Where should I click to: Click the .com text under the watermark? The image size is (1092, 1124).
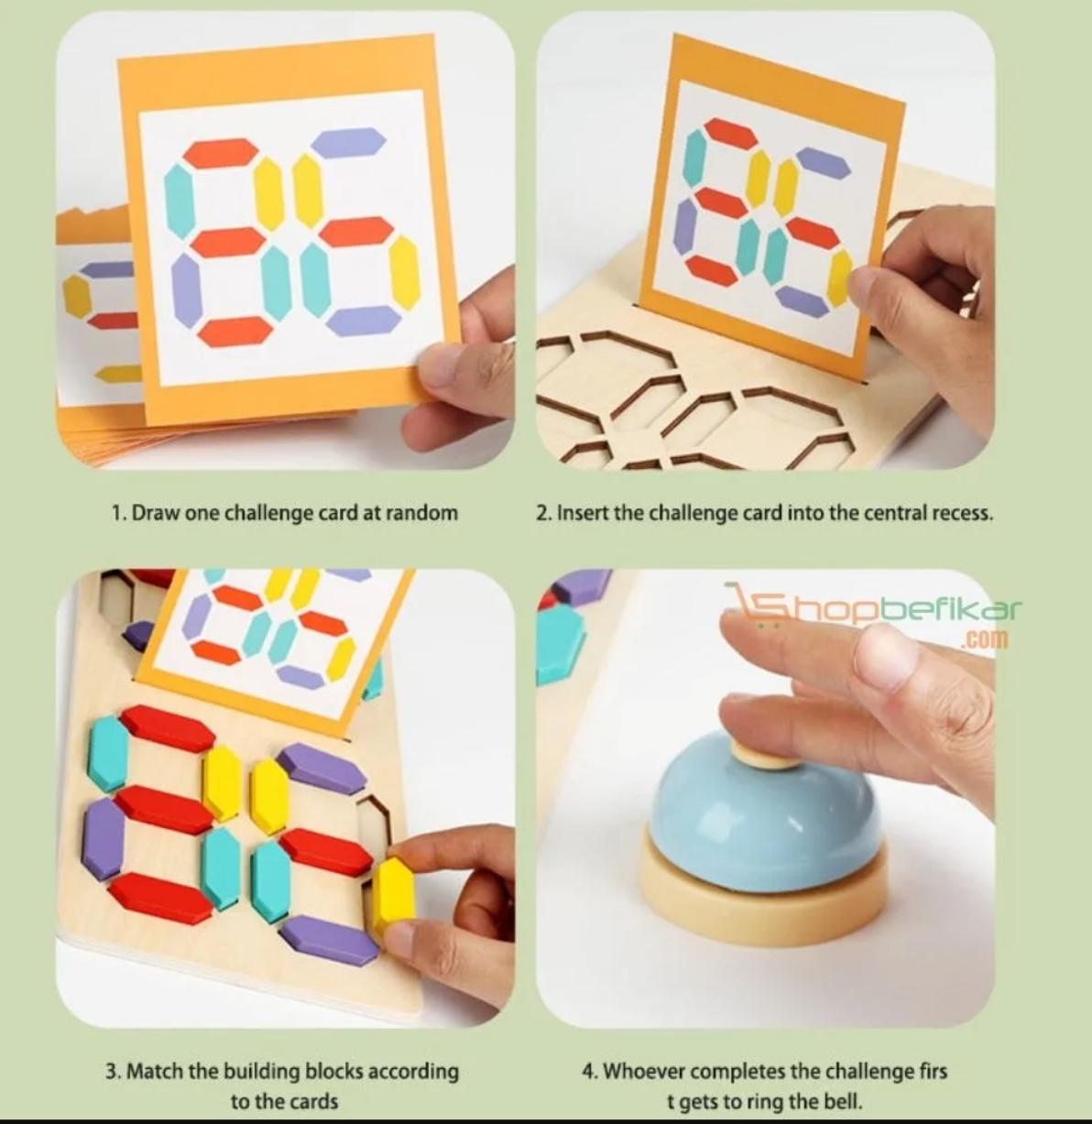tap(984, 638)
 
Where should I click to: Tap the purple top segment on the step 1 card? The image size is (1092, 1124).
tap(348, 142)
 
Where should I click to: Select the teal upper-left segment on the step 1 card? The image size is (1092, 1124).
tap(180, 200)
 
